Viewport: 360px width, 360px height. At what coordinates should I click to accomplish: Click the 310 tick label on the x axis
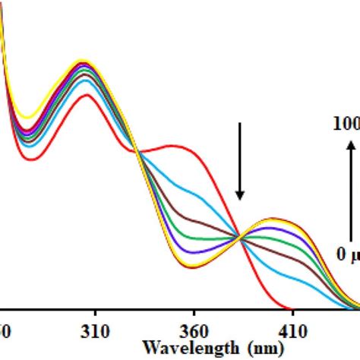(95, 331)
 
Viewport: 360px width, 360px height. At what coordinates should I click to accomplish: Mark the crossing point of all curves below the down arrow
(241, 238)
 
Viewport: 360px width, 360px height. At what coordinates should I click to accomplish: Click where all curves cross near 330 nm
(138, 152)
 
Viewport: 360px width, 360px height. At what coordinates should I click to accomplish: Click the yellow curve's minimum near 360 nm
(190, 266)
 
